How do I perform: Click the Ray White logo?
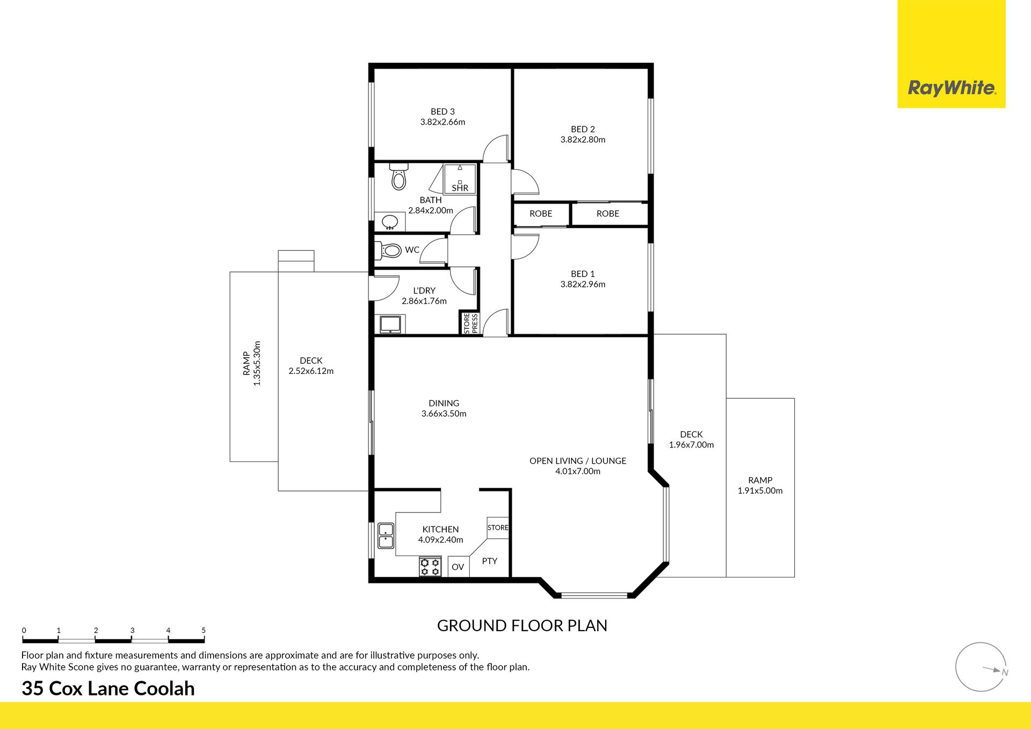(952, 88)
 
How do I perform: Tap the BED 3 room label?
(442, 112)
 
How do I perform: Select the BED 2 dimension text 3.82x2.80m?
(583, 140)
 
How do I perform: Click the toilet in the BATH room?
(398, 176)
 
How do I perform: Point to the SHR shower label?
(460, 188)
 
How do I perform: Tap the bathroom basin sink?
(389, 222)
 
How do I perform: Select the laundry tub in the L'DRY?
(390, 324)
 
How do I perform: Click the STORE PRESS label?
(470, 323)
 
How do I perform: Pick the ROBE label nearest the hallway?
(541, 214)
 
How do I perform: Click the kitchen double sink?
(386, 536)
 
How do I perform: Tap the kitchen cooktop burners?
(430, 567)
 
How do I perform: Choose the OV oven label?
(458, 567)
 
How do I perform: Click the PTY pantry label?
(489, 561)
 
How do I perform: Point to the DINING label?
(444, 403)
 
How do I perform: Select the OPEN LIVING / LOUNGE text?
(578, 461)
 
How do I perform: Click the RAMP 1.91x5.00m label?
(760, 486)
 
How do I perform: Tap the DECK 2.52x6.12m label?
(311, 366)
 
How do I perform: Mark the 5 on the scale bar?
(204, 631)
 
